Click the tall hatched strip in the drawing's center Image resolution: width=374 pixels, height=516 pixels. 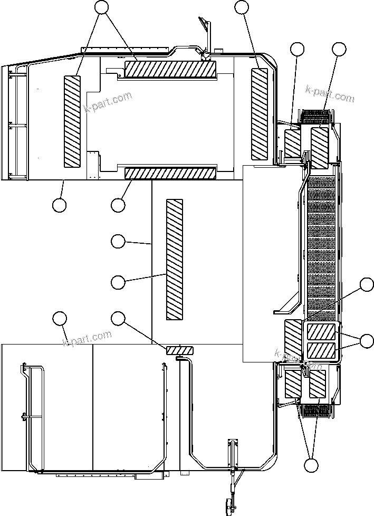click(x=174, y=260)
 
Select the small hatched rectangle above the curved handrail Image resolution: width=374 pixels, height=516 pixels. click(x=180, y=350)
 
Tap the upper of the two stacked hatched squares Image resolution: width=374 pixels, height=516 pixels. click(x=321, y=332)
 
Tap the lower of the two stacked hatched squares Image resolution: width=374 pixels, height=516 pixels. click(x=321, y=350)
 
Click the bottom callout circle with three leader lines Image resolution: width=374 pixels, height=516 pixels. click(x=312, y=465)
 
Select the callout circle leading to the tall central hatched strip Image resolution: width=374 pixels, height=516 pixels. click(x=118, y=282)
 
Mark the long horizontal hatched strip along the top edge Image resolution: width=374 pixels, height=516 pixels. click(x=170, y=69)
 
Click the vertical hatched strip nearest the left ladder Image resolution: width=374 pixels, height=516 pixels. click(x=72, y=121)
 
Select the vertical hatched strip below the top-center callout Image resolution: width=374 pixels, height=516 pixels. click(x=260, y=113)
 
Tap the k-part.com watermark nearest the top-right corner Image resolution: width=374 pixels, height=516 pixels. click(x=330, y=93)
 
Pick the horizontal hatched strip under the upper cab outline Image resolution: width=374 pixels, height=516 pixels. click(x=170, y=173)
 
